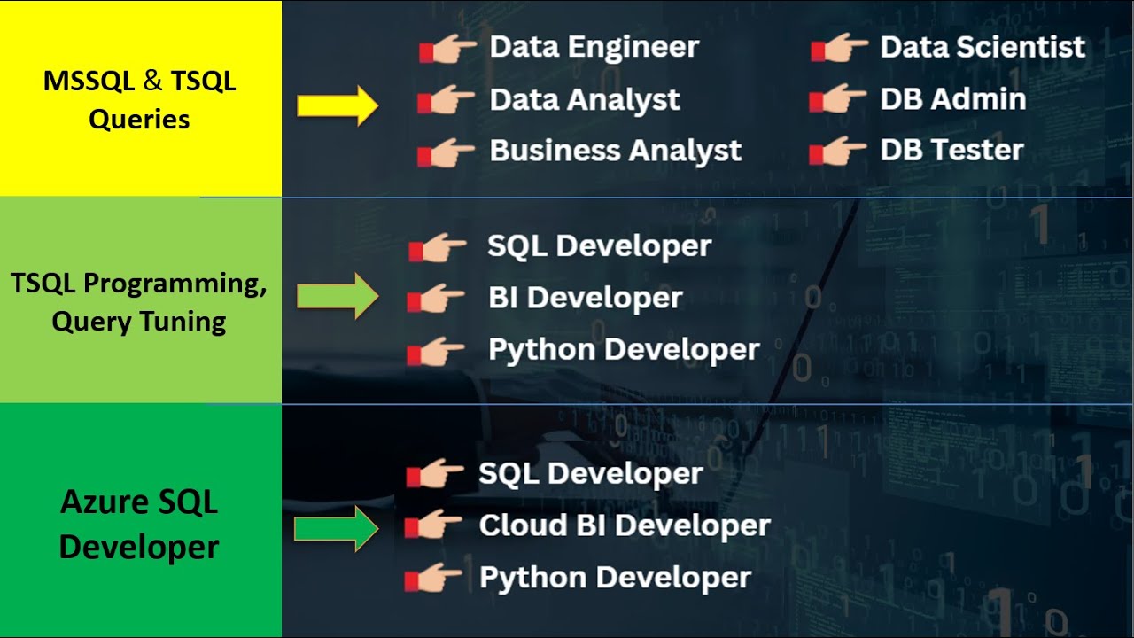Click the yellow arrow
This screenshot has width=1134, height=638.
click(x=338, y=105)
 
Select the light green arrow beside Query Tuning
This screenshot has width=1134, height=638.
click(x=338, y=296)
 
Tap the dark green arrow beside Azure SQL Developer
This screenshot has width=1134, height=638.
click(x=337, y=529)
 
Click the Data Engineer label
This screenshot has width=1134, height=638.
click(x=594, y=48)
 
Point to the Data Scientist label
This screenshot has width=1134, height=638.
click(x=983, y=47)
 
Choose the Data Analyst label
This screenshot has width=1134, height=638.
click(x=585, y=100)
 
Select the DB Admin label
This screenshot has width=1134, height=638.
click(x=953, y=98)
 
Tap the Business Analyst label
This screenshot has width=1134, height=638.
click(x=615, y=151)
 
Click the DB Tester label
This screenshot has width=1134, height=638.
click(x=951, y=150)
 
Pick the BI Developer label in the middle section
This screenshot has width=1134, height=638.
click(x=586, y=297)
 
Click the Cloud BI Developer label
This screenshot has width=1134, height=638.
click(x=625, y=525)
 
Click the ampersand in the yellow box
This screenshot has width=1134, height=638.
click(x=152, y=81)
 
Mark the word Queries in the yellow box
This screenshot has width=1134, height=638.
click(x=139, y=120)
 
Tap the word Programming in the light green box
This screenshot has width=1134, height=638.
click(x=175, y=284)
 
